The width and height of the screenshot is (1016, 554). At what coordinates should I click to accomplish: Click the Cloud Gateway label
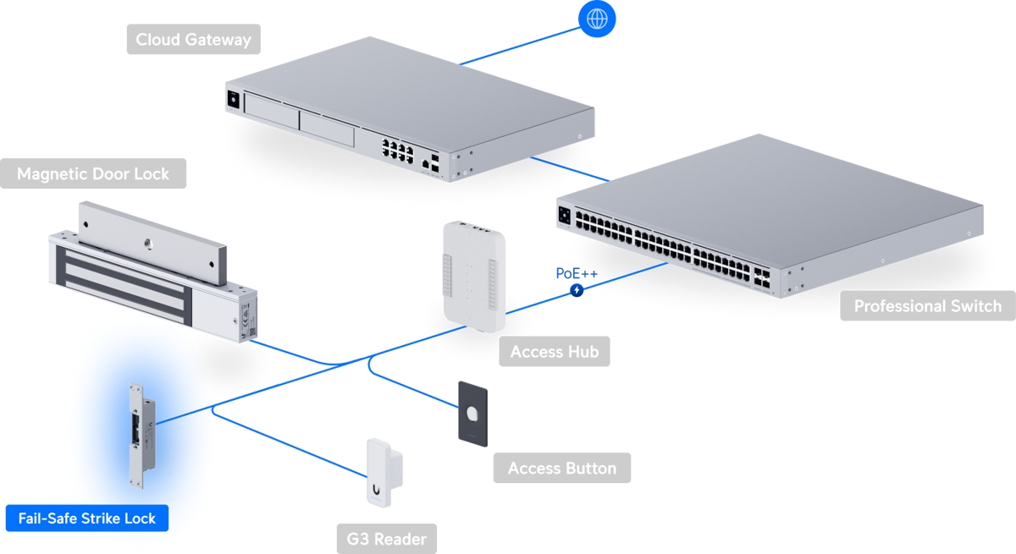coord(194,40)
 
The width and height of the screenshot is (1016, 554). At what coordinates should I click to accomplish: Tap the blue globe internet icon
coord(597,18)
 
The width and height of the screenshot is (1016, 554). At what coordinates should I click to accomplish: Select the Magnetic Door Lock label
coord(93,174)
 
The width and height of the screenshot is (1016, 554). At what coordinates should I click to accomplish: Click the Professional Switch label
coord(927,306)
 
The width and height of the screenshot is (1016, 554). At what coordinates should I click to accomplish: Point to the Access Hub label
coord(555,352)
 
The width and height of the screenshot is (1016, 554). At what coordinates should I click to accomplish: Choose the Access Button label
coord(562,468)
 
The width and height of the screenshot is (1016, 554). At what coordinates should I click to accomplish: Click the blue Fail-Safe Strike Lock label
coord(87,518)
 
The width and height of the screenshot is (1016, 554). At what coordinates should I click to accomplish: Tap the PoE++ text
coord(577,273)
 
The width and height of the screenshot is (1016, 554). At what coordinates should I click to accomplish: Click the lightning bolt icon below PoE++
coord(577,290)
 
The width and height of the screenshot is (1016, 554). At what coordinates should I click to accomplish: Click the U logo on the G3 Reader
coord(374,488)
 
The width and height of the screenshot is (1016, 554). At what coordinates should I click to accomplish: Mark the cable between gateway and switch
coord(569,169)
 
